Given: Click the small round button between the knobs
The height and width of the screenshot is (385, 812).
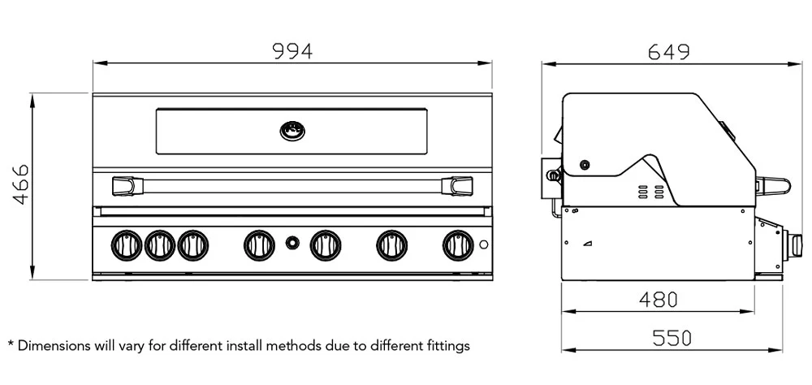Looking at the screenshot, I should [x=292, y=243].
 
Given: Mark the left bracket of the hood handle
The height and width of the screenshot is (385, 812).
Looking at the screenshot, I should [x=124, y=186].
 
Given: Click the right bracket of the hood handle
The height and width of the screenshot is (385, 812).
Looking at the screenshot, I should [x=459, y=186].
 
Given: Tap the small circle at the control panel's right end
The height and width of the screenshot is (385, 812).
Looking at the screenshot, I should [x=483, y=244].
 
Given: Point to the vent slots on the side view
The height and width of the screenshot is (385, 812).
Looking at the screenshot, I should [x=643, y=192].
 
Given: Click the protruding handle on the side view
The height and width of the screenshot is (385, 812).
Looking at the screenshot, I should [x=771, y=186].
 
